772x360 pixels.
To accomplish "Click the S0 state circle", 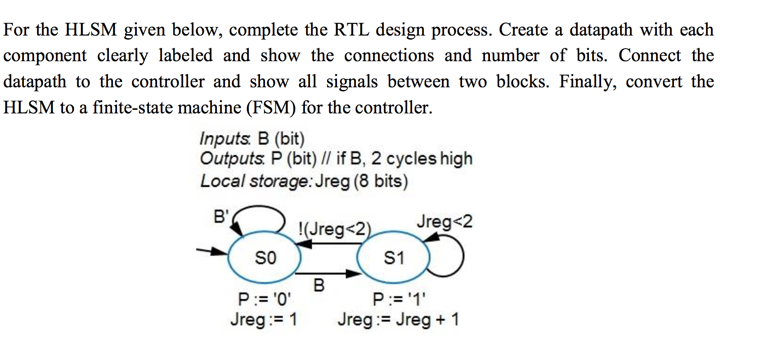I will (x=265, y=258).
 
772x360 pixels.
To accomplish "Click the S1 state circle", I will (x=393, y=258).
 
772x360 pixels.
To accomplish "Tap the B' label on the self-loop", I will (x=221, y=216).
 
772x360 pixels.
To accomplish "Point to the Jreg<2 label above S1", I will (x=444, y=221).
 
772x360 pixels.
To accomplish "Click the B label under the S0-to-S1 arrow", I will (x=319, y=285).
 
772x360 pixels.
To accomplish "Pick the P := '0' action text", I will (x=265, y=298).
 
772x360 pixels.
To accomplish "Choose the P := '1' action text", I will (x=399, y=298).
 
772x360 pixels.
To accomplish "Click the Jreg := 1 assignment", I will (x=264, y=319).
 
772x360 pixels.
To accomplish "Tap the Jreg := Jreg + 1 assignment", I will (x=398, y=319).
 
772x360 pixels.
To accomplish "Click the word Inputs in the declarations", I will (x=224, y=139).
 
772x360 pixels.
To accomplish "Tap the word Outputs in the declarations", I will (x=232, y=158).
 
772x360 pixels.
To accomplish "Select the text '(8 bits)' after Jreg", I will (x=381, y=181).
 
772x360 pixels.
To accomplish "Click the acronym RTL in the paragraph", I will (x=351, y=30).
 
